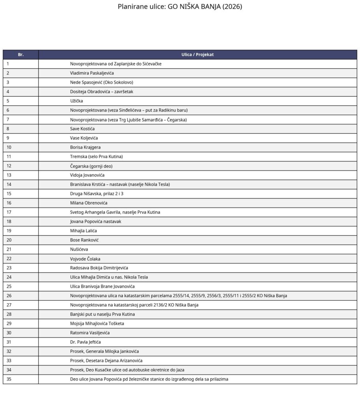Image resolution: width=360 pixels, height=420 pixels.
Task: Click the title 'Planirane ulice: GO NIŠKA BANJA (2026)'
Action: coord(180,7)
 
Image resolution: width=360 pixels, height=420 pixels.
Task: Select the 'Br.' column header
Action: coord(21,54)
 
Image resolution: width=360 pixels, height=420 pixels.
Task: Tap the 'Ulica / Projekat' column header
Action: coord(197,54)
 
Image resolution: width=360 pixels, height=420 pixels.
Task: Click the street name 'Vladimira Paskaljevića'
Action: coord(92,73)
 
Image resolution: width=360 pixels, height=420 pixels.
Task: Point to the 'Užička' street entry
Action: coord(77,101)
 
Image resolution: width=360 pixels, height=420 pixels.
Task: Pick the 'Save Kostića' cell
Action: coord(82,129)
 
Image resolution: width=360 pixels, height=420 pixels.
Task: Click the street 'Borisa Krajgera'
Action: coord(85,147)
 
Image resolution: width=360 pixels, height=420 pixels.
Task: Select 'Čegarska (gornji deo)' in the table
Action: coord(91,166)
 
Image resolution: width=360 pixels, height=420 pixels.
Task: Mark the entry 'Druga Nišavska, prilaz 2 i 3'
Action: coord(99,193)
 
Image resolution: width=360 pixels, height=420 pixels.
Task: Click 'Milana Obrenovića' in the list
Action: coord(89,203)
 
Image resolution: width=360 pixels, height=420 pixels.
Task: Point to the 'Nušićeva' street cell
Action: coord(79,249)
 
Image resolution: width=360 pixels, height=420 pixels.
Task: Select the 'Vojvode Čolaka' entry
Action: coord(85,259)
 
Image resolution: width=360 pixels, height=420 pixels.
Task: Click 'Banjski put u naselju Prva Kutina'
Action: coord(102,314)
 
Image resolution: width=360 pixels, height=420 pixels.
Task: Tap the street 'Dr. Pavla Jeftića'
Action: coord(85,342)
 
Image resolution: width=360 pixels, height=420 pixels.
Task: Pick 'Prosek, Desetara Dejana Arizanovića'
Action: coord(106,360)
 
